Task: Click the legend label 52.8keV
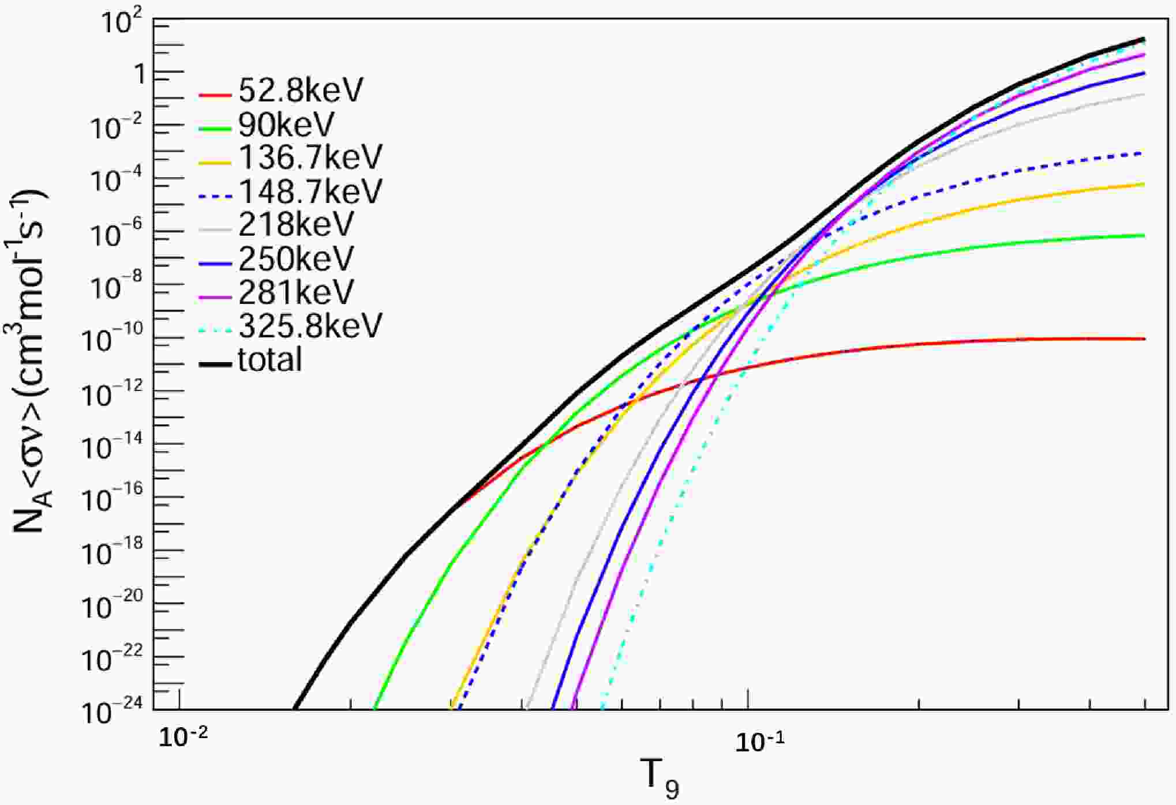301,91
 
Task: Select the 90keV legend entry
286,124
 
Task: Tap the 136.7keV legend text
310,157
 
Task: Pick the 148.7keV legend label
310,191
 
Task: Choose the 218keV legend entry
295,224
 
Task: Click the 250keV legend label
295,259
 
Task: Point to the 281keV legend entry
295,292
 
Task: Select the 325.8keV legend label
310,326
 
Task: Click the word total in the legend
269,360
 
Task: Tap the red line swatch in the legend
215,94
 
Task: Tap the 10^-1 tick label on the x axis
759,742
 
